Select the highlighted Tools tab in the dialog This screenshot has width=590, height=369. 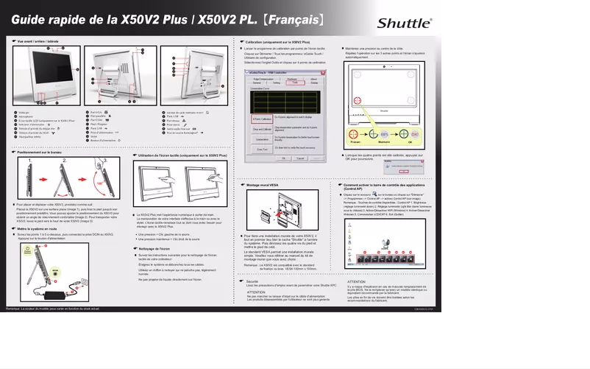(x=294, y=82)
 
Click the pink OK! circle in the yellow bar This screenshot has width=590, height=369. (x=413, y=134)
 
